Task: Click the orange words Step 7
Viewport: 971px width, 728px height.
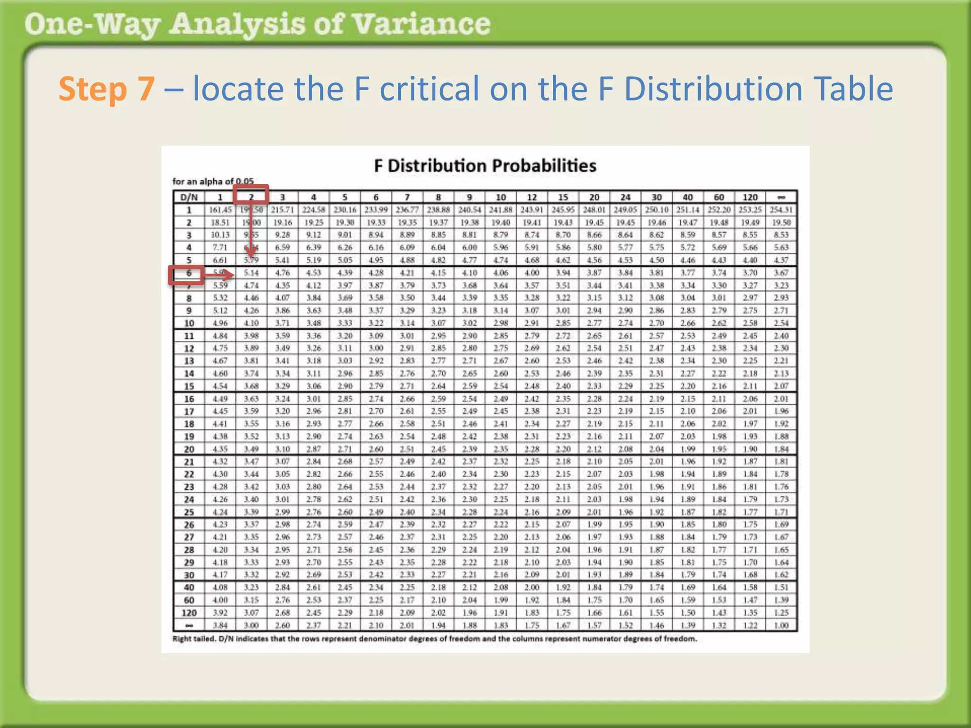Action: tap(106, 89)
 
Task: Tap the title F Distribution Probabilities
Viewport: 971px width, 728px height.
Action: tap(485, 166)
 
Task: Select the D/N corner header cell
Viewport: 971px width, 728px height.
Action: tap(189, 197)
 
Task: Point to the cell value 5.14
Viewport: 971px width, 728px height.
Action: tap(251, 273)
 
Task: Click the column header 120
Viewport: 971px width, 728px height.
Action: tap(750, 197)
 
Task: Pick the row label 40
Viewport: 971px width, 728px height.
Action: tap(189, 588)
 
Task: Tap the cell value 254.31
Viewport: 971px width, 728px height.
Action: tap(781, 209)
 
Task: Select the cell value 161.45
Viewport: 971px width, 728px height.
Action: tap(220, 209)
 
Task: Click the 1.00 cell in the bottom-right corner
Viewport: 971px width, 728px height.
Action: tap(781, 626)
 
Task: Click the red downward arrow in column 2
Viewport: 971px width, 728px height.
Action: tap(251, 232)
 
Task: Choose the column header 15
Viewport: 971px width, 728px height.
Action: tap(563, 197)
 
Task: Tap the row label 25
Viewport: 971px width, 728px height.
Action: tap(189, 512)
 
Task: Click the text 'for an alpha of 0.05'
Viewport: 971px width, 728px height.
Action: tap(213, 182)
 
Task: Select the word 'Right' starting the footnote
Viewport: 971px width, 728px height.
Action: tap(182, 639)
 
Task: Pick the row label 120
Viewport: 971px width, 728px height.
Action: tap(189, 613)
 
